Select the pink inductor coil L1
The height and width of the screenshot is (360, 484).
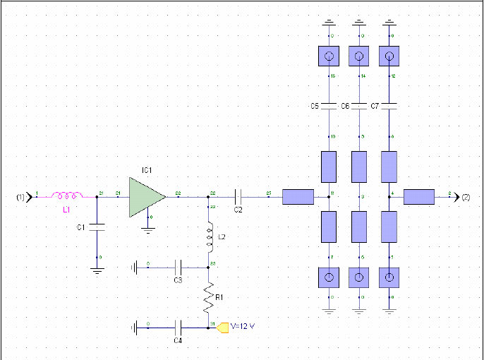pyautogui.click(x=68, y=196)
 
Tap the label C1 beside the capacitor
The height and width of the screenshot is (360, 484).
pyautogui.click(x=80, y=227)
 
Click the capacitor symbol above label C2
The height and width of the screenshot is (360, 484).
pyautogui.click(x=238, y=196)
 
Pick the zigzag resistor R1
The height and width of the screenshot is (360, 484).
pyautogui.click(x=209, y=297)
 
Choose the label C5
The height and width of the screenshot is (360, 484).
pyautogui.click(x=315, y=106)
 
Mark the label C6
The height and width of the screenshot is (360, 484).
pyautogui.click(x=345, y=106)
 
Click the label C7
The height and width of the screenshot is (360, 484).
pyautogui.click(x=375, y=106)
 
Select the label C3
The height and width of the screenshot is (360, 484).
pyautogui.click(x=179, y=280)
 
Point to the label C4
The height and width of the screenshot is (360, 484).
pyautogui.click(x=179, y=340)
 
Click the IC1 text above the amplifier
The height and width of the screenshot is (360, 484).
pyautogui.click(x=147, y=170)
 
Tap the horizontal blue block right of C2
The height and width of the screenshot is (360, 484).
pyautogui.click(x=298, y=197)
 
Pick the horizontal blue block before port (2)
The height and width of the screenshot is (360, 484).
pyautogui.click(x=419, y=197)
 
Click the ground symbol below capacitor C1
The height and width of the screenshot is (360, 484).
pyautogui.click(x=97, y=269)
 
